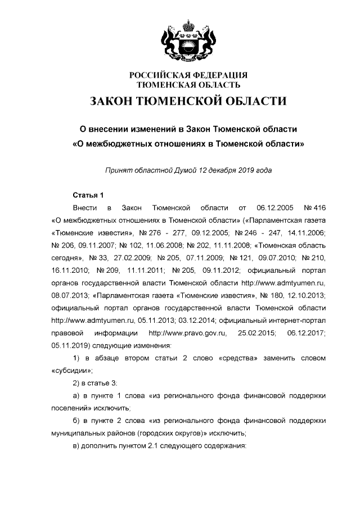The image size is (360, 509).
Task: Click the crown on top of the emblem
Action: [x=188, y=25]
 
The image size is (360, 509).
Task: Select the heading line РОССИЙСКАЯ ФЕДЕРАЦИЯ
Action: [x=188, y=75]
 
